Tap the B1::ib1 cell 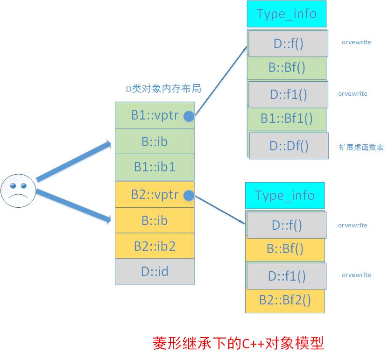pyautogui.click(x=155, y=167)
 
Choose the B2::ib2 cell pyautogui.click(x=155, y=246)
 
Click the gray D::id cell pyautogui.click(x=155, y=271)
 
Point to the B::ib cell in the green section pyautogui.click(x=155, y=141)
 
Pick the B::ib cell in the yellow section pyautogui.click(x=155, y=220)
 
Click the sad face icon pyautogui.click(x=18, y=190)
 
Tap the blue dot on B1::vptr pyautogui.click(x=189, y=116)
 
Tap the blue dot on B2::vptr pyautogui.click(x=189, y=196)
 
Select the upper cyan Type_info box pyautogui.click(x=286, y=14)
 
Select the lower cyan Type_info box pyautogui.click(x=284, y=195)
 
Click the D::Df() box pyautogui.click(x=289, y=146)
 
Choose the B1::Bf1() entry pyautogui.click(x=286, y=119)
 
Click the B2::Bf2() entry pyautogui.click(x=285, y=300)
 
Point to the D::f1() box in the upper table pyautogui.click(x=288, y=94)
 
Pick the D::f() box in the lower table pyautogui.click(x=287, y=225)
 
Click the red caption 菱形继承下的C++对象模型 pyautogui.click(x=238, y=344)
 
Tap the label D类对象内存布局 pyautogui.click(x=164, y=89)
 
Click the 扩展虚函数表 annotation pyautogui.click(x=361, y=147)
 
